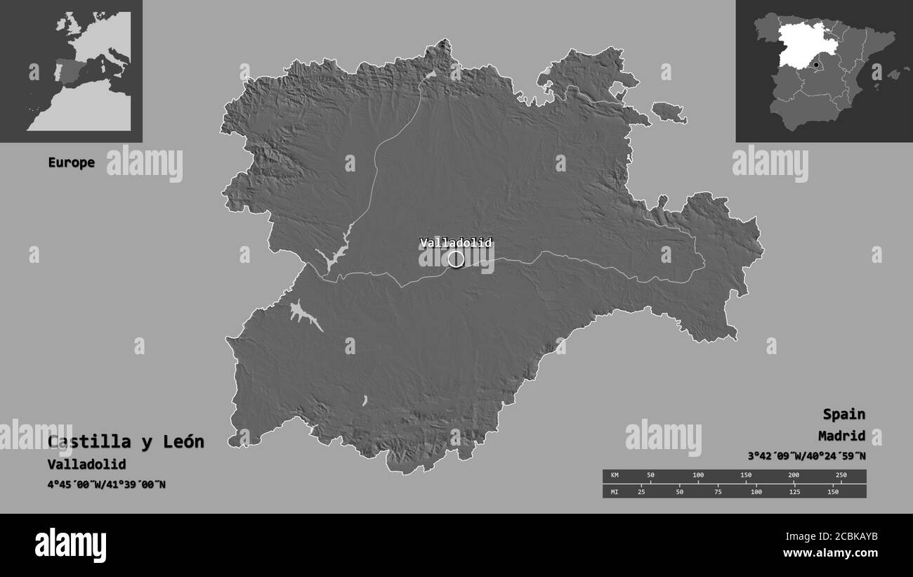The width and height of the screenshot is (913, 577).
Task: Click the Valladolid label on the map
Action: click(456, 243)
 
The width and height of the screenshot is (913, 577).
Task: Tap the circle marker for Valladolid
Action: click(456, 259)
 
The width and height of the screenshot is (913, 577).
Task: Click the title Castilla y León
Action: click(126, 442)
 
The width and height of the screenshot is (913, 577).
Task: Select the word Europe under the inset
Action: click(71, 162)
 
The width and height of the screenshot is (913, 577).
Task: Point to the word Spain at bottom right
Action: click(844, 414)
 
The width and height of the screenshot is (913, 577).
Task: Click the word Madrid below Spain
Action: click(841, 436)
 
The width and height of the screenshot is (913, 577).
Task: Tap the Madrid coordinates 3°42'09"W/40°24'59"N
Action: click(807, 456)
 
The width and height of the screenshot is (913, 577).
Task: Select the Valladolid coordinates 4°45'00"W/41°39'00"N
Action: click(107, 484)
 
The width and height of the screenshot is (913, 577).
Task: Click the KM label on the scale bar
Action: click(615, 476)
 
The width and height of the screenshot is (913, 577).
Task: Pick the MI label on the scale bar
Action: click(615, 491)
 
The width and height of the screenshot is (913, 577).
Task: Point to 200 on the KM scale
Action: click(794, 476)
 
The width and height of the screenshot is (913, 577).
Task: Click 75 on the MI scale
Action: click(718, 491)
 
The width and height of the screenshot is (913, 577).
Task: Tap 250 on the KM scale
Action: click(841, 476)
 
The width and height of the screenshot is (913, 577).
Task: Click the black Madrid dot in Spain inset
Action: click(816, 65)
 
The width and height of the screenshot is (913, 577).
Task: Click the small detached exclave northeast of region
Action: click(668, 111)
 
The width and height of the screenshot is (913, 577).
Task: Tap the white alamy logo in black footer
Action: click(70, 545)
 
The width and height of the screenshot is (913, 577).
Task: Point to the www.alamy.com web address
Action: click(830, 553)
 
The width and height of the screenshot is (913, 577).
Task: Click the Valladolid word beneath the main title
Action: click(87, 465)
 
